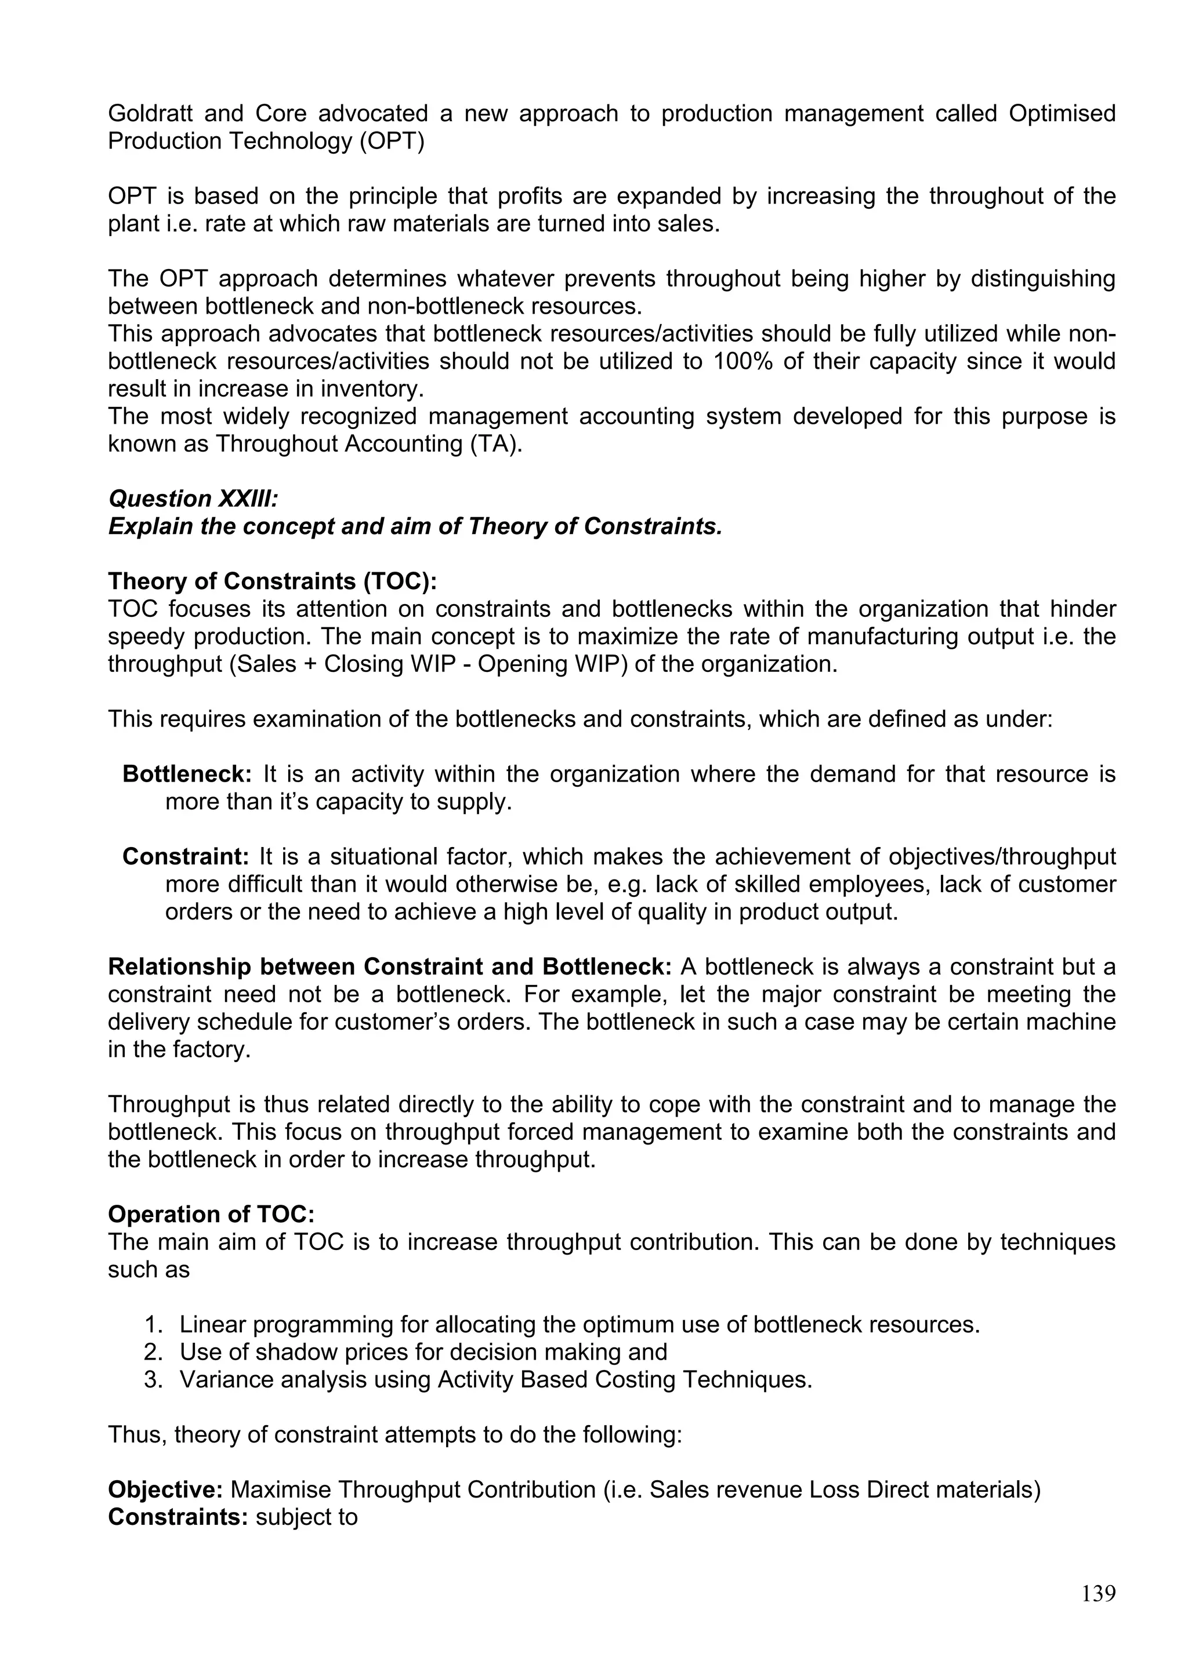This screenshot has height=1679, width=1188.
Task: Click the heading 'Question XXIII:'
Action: point(193,499)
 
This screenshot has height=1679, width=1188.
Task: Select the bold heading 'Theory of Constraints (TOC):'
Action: point(272,582)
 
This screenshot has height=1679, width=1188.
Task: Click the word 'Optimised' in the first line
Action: point(1062,114)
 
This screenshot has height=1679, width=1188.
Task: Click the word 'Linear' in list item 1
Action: point(212,1325)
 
